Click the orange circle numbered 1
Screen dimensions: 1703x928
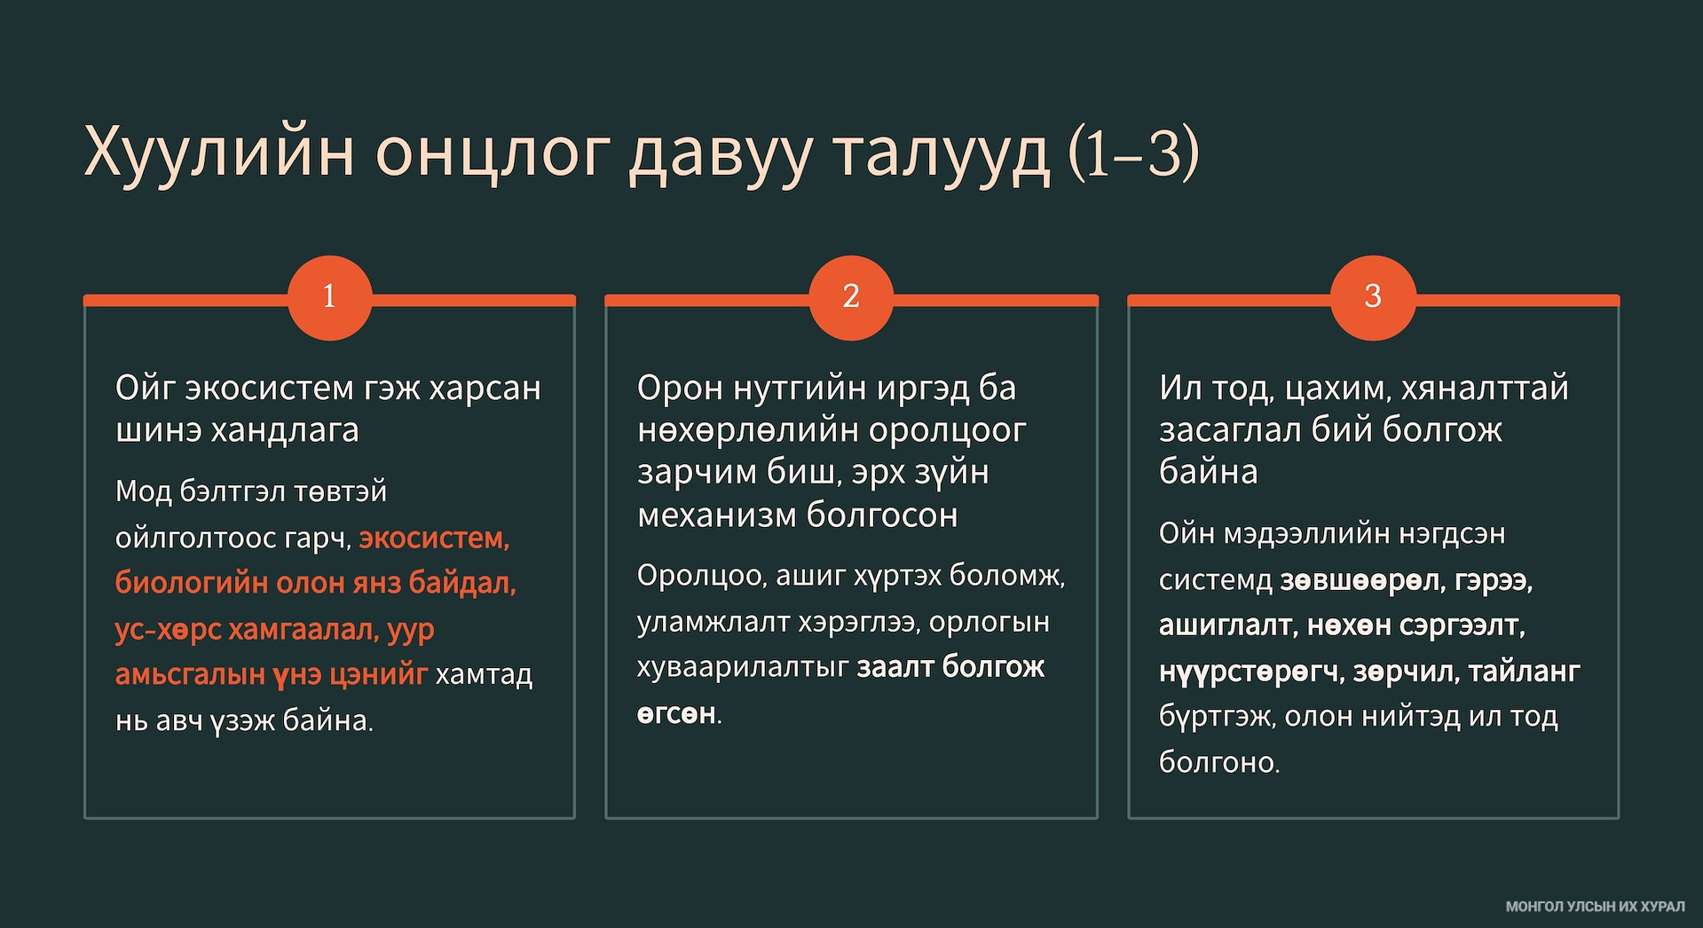coord(329,297)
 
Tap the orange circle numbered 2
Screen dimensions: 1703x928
coord(851,297)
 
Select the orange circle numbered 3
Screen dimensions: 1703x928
coord(1373,297)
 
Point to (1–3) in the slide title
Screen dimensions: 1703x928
coord(1134,153)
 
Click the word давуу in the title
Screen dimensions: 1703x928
coord(721,153)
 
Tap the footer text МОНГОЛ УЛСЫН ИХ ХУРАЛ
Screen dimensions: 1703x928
coord(1595,907)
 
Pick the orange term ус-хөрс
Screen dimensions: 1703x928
coord(168,629)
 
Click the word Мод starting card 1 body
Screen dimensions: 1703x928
coord(143,492)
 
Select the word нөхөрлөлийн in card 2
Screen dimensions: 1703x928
coord(749,430)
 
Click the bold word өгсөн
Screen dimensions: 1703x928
coord(676,713)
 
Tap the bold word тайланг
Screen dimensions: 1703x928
coord(1524,672)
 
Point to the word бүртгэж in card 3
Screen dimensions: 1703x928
coord(1215,717)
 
